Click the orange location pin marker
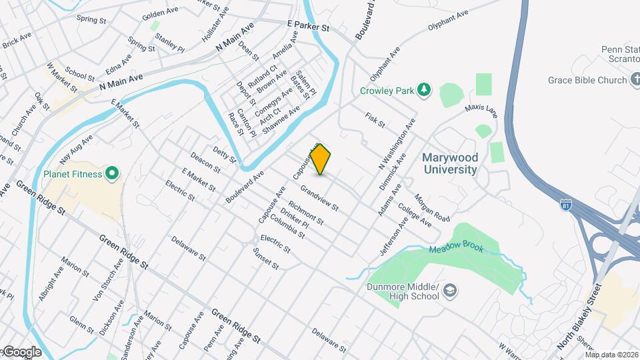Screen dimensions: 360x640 (321, 159)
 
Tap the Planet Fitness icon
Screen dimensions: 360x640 (112, 175)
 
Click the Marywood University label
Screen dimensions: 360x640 (450, 163)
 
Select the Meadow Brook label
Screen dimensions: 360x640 (455, 250)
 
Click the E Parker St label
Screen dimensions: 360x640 (308, 25)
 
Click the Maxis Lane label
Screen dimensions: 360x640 (481, 110)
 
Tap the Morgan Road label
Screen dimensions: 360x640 (432, 208)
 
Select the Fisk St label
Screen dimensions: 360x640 (375, 120)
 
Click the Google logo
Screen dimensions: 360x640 (21, 352)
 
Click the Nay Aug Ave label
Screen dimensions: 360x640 (75, 149)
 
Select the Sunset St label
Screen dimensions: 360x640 (265, 258)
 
